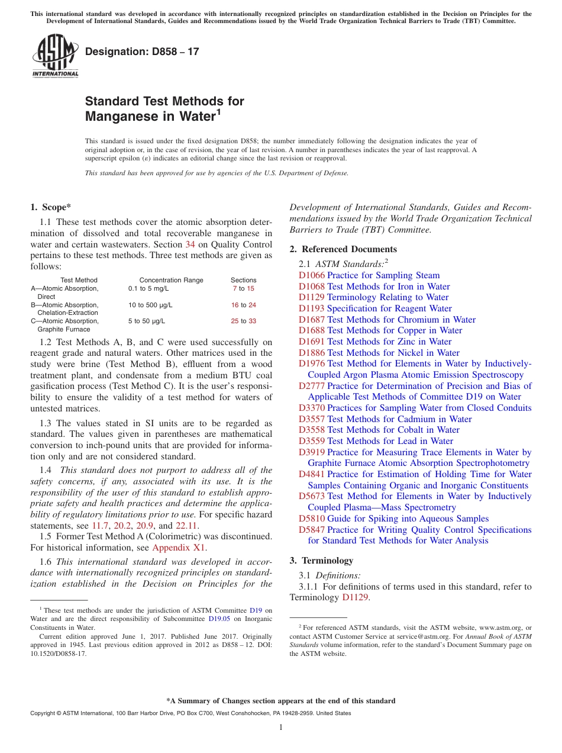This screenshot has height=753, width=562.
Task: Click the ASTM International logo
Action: [x=55, y=56]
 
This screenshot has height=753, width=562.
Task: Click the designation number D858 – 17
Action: [x=142, y=52]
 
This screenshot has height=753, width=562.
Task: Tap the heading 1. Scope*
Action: [x=50, y=207]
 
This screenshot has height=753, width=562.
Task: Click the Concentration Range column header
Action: [x=171, y=280]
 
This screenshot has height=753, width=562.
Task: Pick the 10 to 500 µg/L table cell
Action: [x=150, y=305]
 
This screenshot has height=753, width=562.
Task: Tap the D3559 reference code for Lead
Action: [x=311, y=441]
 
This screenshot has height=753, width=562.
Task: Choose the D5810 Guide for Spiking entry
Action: [x=393, y=519]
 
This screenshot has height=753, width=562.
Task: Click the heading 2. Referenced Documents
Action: [x=343, y=249]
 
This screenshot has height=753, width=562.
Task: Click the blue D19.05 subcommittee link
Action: [x=221, y=619]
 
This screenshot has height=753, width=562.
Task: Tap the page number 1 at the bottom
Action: [x=281, y=727]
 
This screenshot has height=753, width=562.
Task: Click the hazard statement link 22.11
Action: [x=188, y=525]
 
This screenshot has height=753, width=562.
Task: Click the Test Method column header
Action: [x=79, y=280]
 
